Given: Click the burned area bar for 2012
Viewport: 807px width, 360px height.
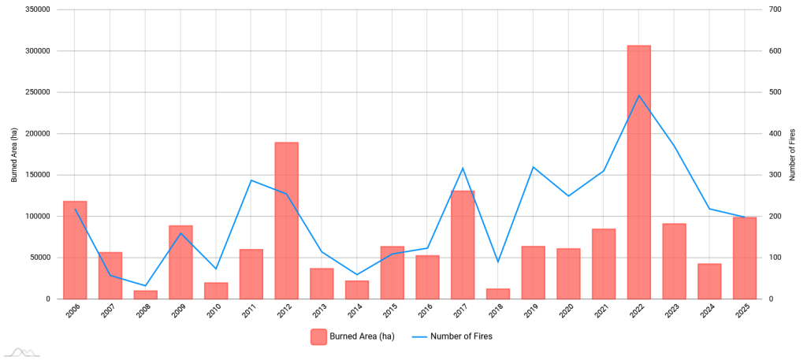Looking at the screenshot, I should coord(286,221).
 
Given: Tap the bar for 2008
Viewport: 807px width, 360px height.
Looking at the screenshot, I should coord(145,295).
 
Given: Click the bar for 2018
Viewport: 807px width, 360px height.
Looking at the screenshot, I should coord(498,294).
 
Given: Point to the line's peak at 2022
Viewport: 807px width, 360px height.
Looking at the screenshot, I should coord(638,95).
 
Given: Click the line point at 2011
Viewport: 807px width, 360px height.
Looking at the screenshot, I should coord(251,180).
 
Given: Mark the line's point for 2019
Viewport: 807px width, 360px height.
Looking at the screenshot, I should coord(533,167).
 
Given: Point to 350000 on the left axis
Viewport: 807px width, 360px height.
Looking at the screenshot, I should coord(38,9).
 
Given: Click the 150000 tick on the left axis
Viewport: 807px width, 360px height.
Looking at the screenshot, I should coord(38,175).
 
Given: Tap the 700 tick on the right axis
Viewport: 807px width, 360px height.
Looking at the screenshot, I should coord(776,9).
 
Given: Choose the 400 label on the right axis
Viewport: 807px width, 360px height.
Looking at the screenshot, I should coord(776,134).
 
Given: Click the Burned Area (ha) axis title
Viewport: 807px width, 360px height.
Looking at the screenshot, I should coord(14,154).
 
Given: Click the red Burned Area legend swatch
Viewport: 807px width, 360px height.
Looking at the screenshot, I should coord(318,336).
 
